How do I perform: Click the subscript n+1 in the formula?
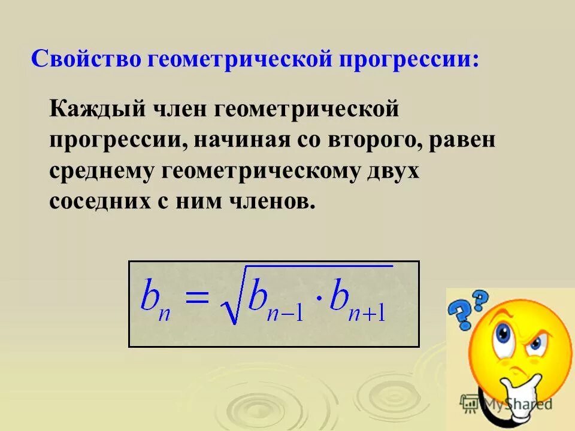point(367,312)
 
